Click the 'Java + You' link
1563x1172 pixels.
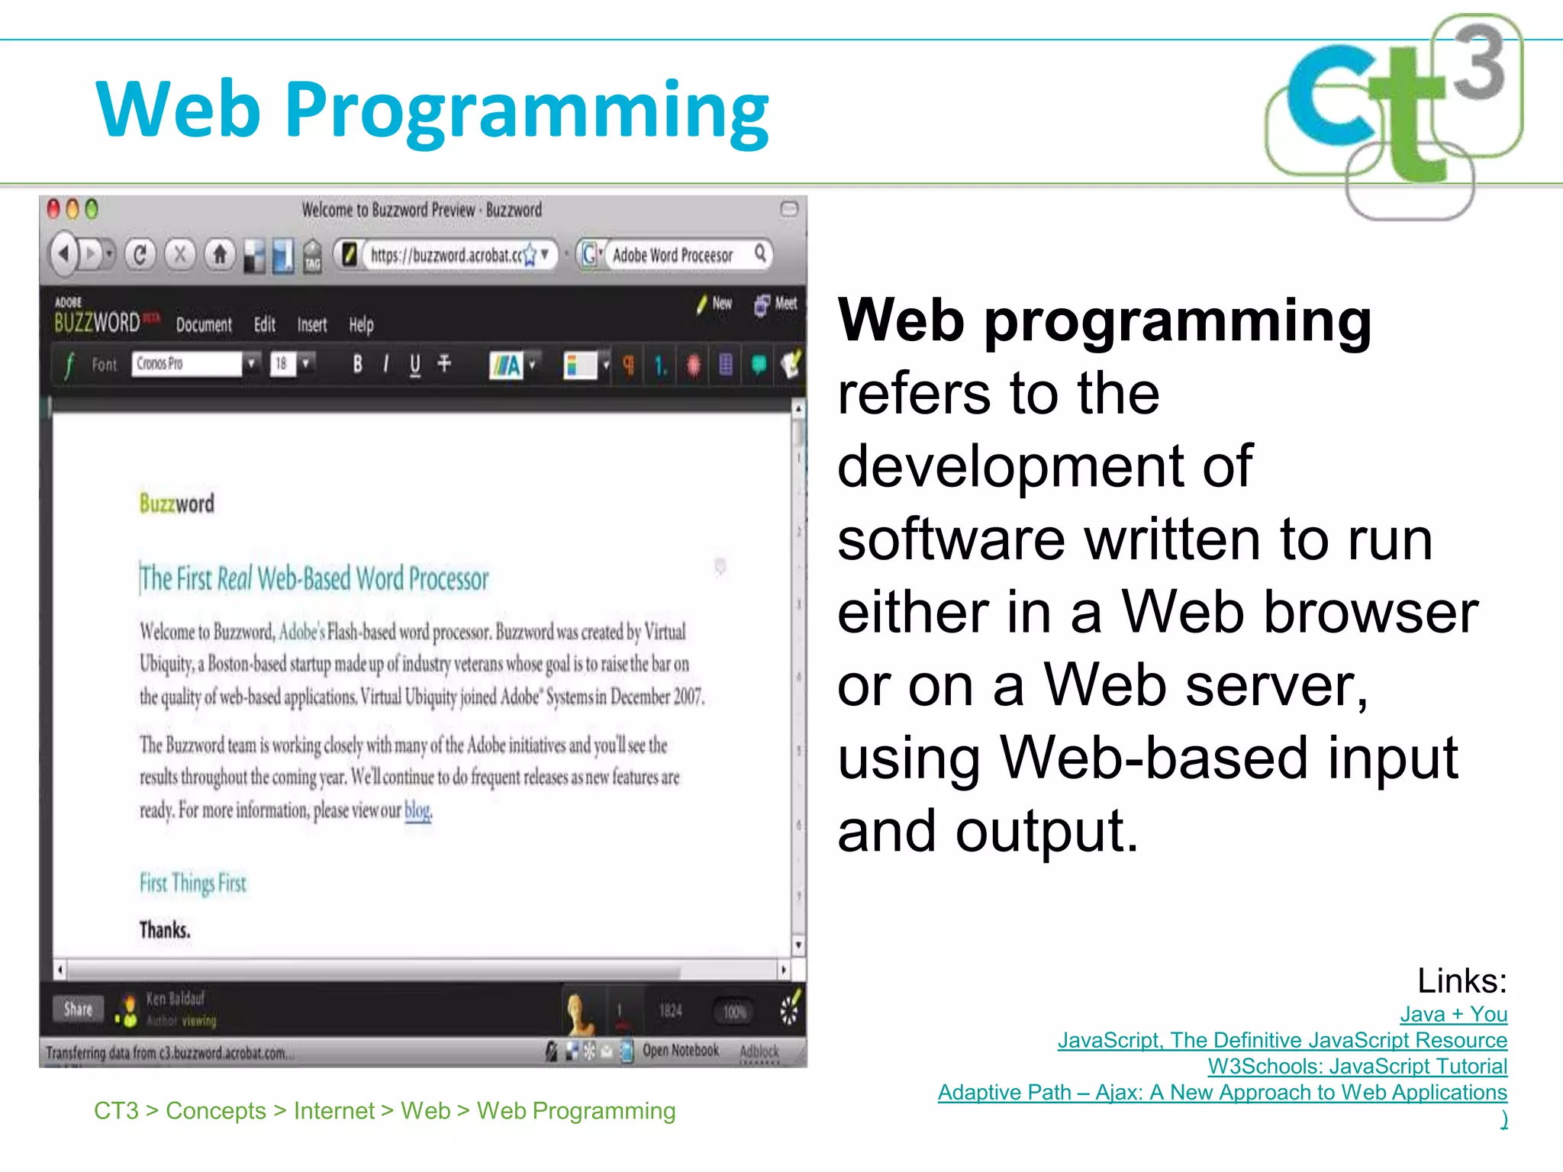(1453, 1014)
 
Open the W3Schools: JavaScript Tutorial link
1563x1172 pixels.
(1357, 1066)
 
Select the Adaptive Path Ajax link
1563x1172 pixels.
(1222, 1092)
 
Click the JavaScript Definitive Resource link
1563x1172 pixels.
(1282, 1040)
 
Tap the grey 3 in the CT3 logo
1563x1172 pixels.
(1479, 63)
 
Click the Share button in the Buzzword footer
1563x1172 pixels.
(79, 1009)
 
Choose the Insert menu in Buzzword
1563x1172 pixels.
(312, 325)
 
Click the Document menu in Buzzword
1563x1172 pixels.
(204, 325)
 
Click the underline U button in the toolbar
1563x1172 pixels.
(415, 365)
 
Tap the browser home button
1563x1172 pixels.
(220, 254)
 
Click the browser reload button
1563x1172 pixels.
(140, 254)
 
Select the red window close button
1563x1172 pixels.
(53, 209)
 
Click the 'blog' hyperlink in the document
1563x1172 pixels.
(417, 810)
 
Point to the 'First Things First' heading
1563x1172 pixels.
(192, 884)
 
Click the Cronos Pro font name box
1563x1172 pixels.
(186, 364)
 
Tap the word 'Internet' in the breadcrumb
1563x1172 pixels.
(334, 1110)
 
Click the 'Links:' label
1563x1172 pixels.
(1461, 980)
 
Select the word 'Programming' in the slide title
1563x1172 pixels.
(527, 111)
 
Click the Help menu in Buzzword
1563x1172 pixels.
(361, 325)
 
